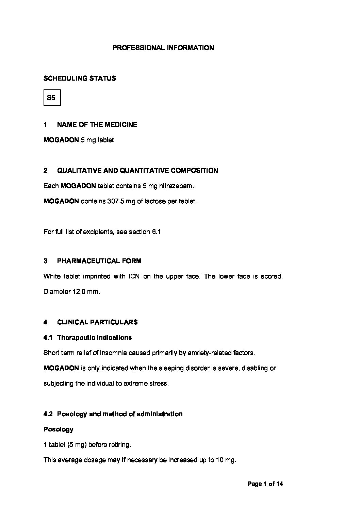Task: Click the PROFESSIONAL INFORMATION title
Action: coord(163,48)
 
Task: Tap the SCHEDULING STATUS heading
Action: coord(80,79)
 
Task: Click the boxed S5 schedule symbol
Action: coord(52,98)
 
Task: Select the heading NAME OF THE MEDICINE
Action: coord(97,125)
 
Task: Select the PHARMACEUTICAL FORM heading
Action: coord(99,261)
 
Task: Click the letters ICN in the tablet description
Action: coord(134,276)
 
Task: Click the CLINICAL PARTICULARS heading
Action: coord(97,322)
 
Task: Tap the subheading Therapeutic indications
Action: coord(94,338)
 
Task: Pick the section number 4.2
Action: coord(48,414)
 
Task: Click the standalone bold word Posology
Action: coord(59,429)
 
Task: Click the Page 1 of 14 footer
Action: coord(265,484)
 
